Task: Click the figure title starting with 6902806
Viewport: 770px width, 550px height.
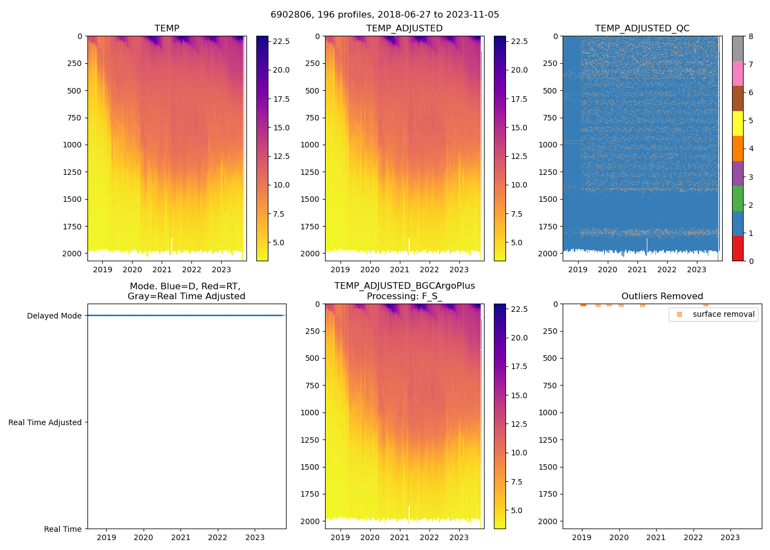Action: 384,15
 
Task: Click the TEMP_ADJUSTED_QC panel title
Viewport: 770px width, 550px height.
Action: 642,29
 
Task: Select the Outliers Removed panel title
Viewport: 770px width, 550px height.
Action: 662,296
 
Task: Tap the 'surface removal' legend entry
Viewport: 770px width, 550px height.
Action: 723,314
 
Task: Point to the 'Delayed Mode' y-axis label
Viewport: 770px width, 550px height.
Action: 54,316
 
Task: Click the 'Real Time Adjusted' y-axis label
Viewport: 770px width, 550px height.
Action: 45,422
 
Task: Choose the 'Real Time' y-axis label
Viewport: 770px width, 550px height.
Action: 63,529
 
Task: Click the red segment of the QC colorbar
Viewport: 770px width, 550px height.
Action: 738,249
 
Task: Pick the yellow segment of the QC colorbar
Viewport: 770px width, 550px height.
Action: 738,124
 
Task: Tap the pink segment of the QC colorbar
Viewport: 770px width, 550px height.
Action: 738,74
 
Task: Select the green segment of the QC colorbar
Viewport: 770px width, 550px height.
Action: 738,199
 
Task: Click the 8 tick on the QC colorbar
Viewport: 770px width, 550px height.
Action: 751,36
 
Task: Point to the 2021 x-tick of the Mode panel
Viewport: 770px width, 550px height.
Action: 180,537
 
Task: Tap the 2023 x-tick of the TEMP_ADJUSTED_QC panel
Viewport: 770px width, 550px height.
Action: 696,269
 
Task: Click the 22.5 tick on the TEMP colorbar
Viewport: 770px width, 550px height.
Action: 282,41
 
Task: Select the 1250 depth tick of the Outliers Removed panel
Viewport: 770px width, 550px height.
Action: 548,440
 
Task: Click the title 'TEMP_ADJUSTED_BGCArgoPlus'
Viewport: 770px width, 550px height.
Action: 404,286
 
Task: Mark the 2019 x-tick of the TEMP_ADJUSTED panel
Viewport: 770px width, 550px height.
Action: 340,269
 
